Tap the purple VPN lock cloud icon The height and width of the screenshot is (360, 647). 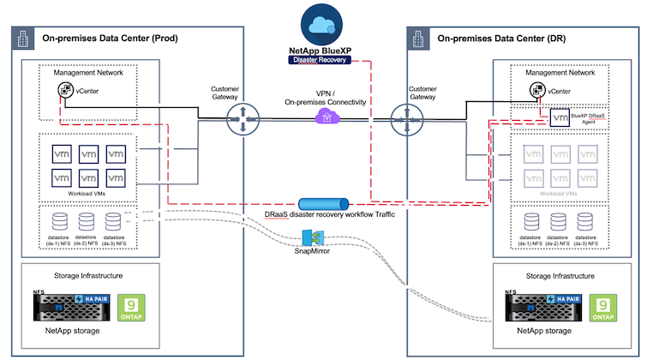[x=323, y=114]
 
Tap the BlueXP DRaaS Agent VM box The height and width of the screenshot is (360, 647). [x=561, y=118]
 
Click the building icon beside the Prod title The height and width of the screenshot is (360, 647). [x=22, y=38]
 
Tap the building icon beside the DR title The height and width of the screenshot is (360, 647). [x=419, y=38]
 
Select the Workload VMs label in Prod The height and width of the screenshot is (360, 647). [x=85, y=193]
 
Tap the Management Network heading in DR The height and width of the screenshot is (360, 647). [x=566, y=73]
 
